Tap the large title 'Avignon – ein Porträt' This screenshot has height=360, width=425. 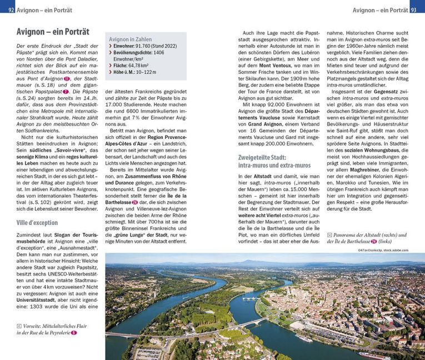click(53, 32)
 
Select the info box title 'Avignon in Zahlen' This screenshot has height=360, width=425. click(131, 39)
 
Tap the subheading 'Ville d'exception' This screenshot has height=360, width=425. click(37, 223)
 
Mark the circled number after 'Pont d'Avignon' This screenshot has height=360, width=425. click(66, 79)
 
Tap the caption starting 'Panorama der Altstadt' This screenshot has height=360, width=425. click(366, 234)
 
